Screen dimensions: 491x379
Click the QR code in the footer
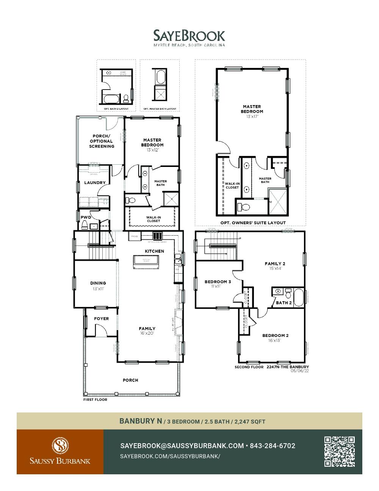click(339, 451)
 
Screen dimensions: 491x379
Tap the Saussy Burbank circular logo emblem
click(60, 445)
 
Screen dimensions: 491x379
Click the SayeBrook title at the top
click(189, 36)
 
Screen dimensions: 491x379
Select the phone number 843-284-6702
click(273, 446)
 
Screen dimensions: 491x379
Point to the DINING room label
click(98, 283)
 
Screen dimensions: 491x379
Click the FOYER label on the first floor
click(101, 319)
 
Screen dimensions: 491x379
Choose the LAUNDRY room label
click(95, 183)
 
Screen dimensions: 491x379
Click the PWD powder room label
click(86, 217)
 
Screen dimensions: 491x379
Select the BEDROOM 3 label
click(218, 282)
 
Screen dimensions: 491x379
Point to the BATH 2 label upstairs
click(283, 303)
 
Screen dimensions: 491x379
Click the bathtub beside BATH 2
click(299, 297)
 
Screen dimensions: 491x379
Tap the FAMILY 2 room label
click(275, 264)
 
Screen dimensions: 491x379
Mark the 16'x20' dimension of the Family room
click(147, 334)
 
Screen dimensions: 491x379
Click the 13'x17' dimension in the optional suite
click(252, 116)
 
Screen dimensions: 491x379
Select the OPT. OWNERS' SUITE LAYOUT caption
click(253, 223)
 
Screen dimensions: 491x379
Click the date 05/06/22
click(300, 371)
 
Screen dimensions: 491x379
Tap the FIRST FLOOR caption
click(95, 400)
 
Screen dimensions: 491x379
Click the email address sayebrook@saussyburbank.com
click(182, 446)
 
